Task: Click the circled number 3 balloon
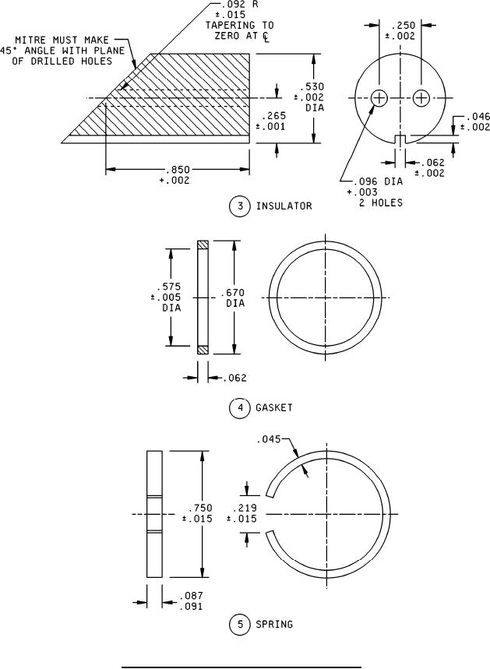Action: click(x=240, y=206)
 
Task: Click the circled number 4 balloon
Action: click(x=240, y=408)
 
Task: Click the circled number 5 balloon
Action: click(x=240, y=625)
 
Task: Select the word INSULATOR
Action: click(x=284, y=206)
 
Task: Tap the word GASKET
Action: click(x=274, y=408)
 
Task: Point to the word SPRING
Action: click(x=274, y=624)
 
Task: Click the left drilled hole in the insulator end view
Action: click(x=379, y=98)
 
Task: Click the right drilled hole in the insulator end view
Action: click(x=421, y=98)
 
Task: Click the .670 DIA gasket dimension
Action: click(x=235, y=298)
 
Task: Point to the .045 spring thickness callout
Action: click(x=269, y=439)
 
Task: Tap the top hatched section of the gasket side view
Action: click(x=203, y=245)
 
